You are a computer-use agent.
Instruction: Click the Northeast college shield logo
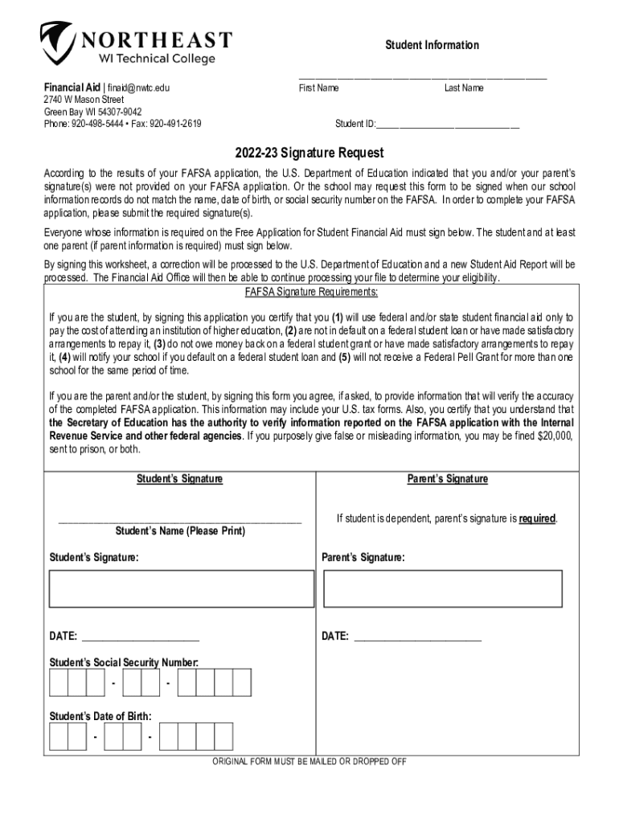pos(57,43)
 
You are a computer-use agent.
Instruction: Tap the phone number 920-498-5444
pos(100,124)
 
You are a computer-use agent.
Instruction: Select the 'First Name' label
pos(318,88)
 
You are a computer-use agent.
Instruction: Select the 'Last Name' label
pos(464,88)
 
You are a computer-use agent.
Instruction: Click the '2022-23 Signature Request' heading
pos(309,153)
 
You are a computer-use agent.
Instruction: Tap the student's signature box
pos(182,588)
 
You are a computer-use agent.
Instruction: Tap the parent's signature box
pos(442,588)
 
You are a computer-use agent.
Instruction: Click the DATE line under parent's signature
pos(417,637)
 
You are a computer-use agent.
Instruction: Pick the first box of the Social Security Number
pos(58,683)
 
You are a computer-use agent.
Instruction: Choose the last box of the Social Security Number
pos(242,683)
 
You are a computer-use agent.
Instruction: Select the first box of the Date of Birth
pos(58,736)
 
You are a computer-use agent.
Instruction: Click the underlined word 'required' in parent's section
pos(537,519)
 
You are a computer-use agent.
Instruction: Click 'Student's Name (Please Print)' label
pos(180,532)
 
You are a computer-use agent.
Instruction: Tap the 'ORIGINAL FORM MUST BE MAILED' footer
pos(309,762)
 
